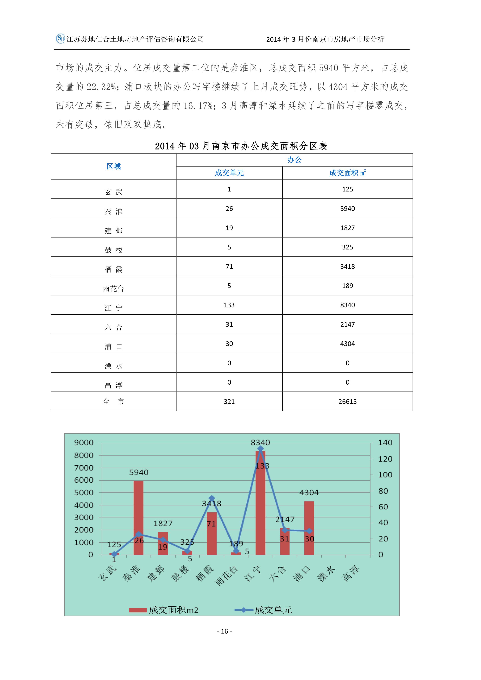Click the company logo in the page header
[60, 39]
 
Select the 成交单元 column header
[229, 173]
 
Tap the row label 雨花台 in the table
[113, 288]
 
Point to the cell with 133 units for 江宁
[229, 305]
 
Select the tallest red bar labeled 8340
[260, 503]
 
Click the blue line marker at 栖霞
[212, 498]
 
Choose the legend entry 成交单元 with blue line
[264, 610]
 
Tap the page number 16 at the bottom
[225, 631]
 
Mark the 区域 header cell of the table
[113, 167]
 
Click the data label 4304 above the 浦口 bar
[309, 493]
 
